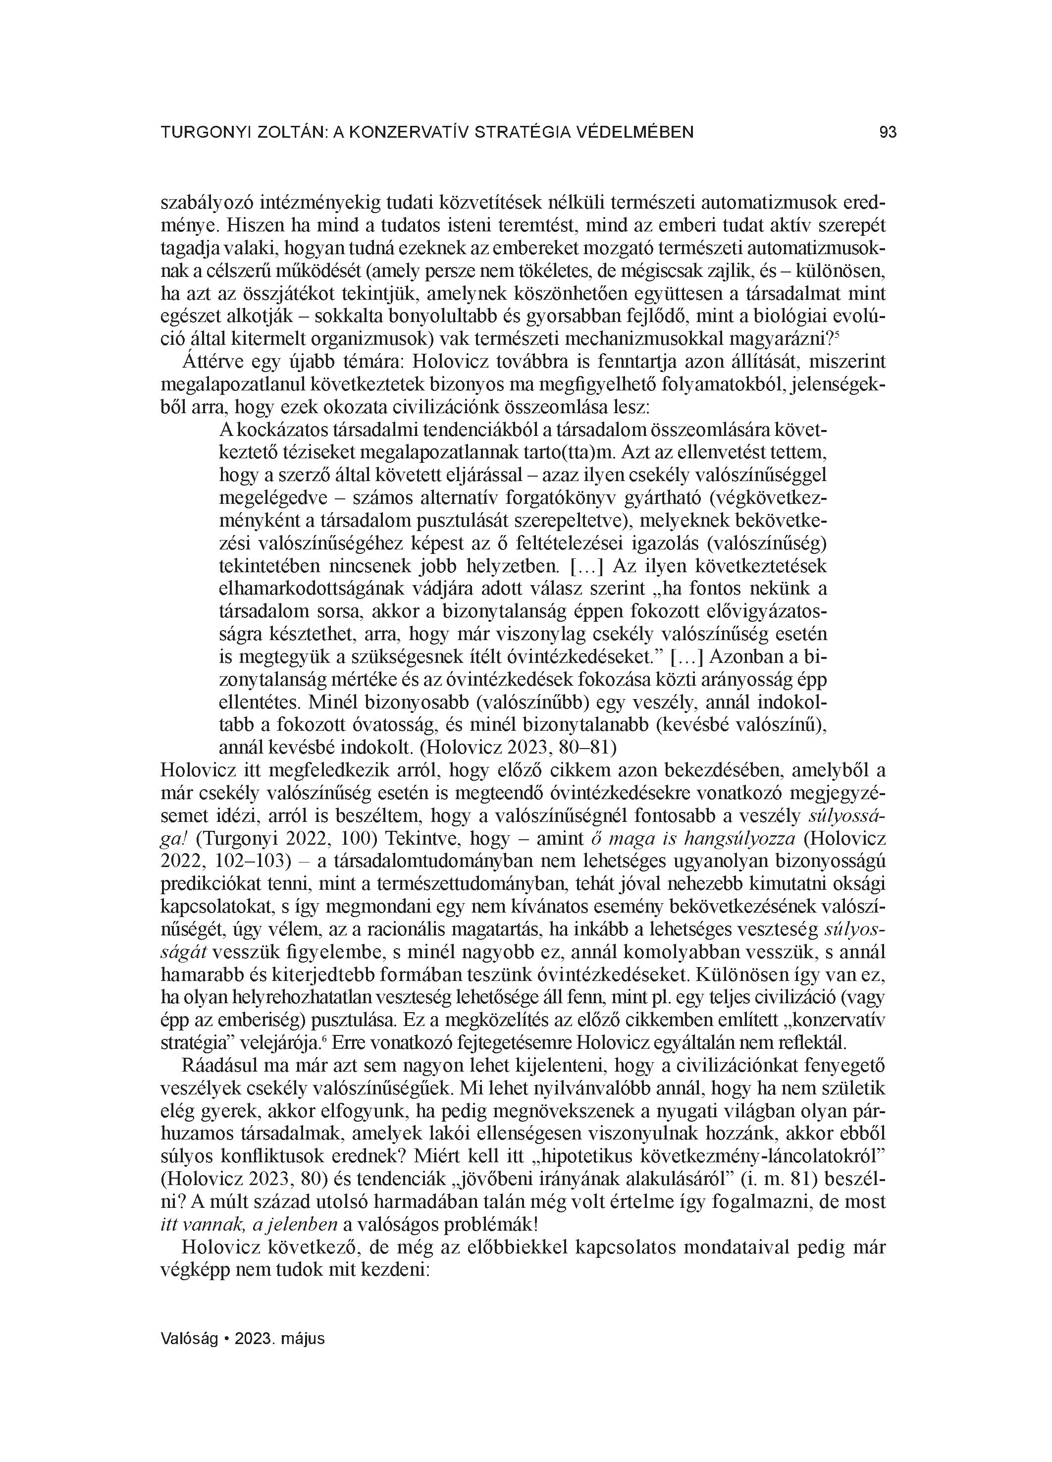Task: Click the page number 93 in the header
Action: point(887,133)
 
